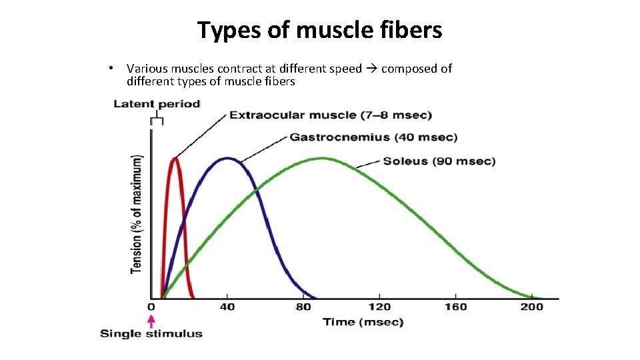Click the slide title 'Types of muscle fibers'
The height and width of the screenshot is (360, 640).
[x=319, y=30]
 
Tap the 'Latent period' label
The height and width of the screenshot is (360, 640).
[x=157, y=104]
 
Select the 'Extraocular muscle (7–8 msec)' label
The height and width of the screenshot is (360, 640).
[x=330, y=115]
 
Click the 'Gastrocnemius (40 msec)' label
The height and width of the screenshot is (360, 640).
[x=373, y=137]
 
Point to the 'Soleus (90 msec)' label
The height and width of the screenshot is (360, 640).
[x=439, y=161]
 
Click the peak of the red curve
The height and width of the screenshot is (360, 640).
[x=175, y=158]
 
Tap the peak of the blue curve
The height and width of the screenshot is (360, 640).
[x=227, y=158]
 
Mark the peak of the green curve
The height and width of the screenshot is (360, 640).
[x=323, y=158]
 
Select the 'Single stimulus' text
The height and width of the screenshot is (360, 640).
[x=151, y=334]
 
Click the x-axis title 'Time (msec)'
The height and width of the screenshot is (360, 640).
[x=363, y=323]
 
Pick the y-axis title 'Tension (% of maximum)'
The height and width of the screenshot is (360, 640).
[x=137, y=214]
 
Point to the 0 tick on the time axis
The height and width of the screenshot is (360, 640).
[x=151, y=307]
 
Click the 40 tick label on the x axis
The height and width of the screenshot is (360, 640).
[x=227, y=307]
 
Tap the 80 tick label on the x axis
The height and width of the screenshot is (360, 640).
[x=303, y=307]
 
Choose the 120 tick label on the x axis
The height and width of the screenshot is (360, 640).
[x=379, y=307]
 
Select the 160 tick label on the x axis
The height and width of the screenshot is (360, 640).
[x=455, y=307]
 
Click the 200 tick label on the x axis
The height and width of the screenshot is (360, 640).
[x=531, y=307]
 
